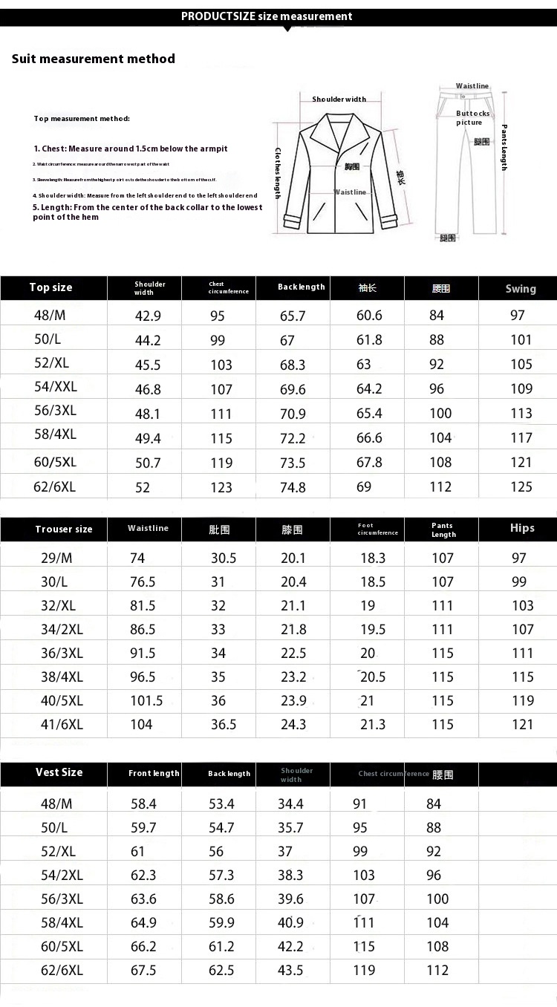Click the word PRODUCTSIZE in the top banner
[x=219, y=16]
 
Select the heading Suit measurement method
[x=94, y=59]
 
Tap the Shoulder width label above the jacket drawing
[x=339, y=100]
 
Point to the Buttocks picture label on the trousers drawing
[x=472, y=118]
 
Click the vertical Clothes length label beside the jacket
[x=278, y=172]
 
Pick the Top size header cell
[x=51, y=287]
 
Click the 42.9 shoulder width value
[x=148, y=316]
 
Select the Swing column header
[x=520, y=288]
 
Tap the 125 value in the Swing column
[x=521, y=487]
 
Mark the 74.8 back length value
[x=293, y=487]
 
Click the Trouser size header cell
[x=64, y=529]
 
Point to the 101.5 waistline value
[x=146, y=700]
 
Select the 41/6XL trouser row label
[x=62, y=724]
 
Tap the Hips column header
[x=522, y=528]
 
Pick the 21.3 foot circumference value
[x=373, y=724]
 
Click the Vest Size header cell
[x=59, y=772]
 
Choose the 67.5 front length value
[x=143, y=970]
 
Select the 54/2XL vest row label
[x=62, y=876]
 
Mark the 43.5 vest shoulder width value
[x=290, y=970]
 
